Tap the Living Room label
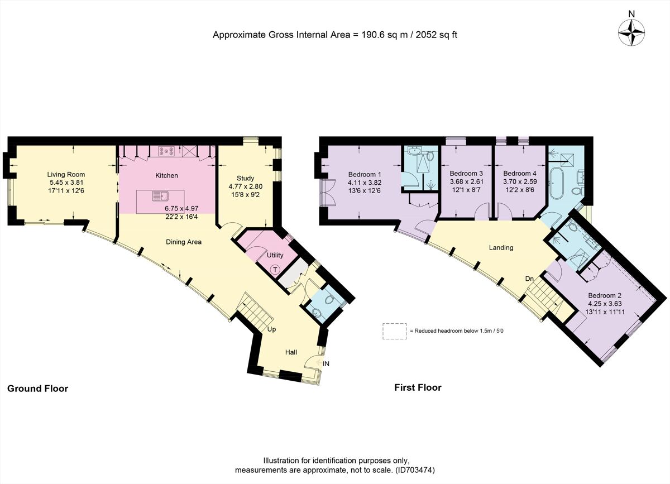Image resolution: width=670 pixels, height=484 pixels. tap(66, 175)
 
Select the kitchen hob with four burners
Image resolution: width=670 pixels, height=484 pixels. tap(166, 150)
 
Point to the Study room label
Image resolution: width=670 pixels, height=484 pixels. tap(245, 179)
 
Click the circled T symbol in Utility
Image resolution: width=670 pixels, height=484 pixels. tap(275, 270)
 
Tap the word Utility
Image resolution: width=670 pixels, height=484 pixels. tap(275, 255)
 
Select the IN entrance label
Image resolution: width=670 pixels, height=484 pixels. tap(326, 363)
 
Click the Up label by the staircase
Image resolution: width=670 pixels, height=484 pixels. tap(272, 329)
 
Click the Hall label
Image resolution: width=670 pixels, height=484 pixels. tap(291, 352)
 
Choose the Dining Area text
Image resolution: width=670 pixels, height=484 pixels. tap(183, 242)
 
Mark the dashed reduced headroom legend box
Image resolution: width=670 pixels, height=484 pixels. tap(395, 330)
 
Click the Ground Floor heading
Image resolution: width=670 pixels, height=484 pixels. tap(37, 388)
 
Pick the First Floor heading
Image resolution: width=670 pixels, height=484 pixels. tap(418, 387)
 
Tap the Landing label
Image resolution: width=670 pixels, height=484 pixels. tap(500, 247)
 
